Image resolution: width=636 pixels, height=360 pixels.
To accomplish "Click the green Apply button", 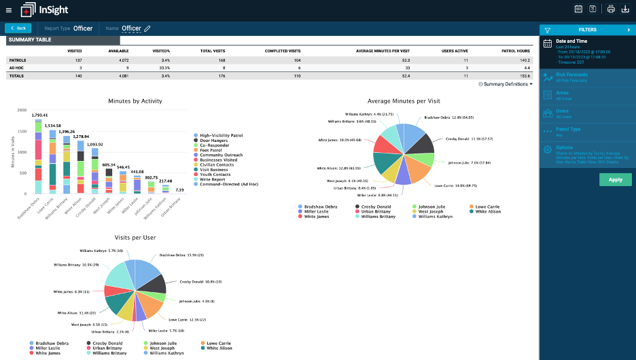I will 616,179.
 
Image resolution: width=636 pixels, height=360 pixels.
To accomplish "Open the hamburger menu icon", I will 9,10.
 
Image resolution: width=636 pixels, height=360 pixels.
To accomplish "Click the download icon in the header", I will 626,9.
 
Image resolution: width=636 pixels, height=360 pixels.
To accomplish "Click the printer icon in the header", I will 611,9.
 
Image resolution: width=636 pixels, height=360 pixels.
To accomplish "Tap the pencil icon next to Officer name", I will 147,29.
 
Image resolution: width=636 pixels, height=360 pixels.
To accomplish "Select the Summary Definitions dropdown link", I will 506,84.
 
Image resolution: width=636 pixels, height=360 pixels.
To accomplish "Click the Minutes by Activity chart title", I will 135,101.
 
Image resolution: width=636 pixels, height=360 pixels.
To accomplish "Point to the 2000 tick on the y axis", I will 21,110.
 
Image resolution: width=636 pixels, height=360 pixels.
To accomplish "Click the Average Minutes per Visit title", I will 404,101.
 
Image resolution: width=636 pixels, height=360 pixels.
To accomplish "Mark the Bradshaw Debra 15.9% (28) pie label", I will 177,255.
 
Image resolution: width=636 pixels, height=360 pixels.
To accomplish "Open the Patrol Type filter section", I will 568,128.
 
